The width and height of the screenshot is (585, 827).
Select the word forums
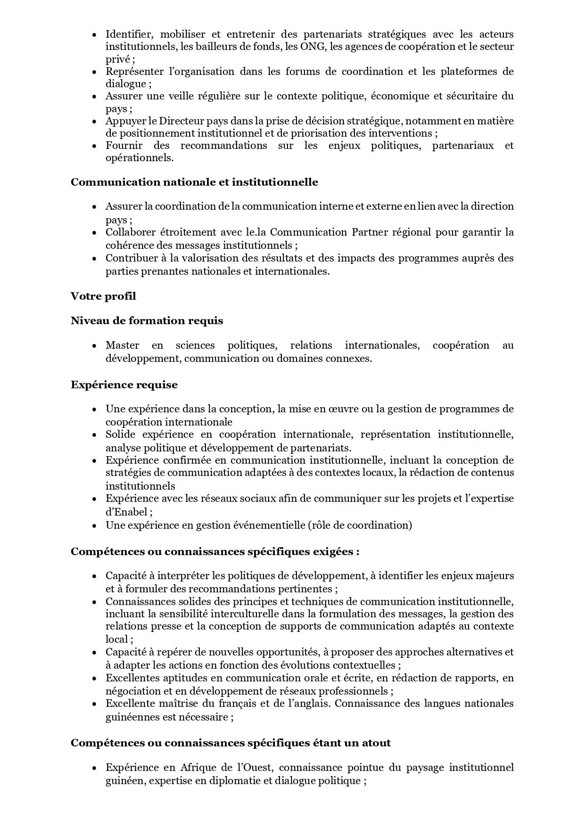pos(301,72)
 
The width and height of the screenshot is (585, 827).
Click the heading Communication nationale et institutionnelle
pos(194,182)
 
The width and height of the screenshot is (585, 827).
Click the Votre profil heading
pos(103,296)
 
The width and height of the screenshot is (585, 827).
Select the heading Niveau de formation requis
pos(147,320)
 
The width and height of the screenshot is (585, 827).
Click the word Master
pos(122,345)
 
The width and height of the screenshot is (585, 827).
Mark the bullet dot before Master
pos(95,346)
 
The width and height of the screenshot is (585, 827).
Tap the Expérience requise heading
pos(124,385)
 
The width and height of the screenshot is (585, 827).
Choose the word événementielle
pos(267,525)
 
